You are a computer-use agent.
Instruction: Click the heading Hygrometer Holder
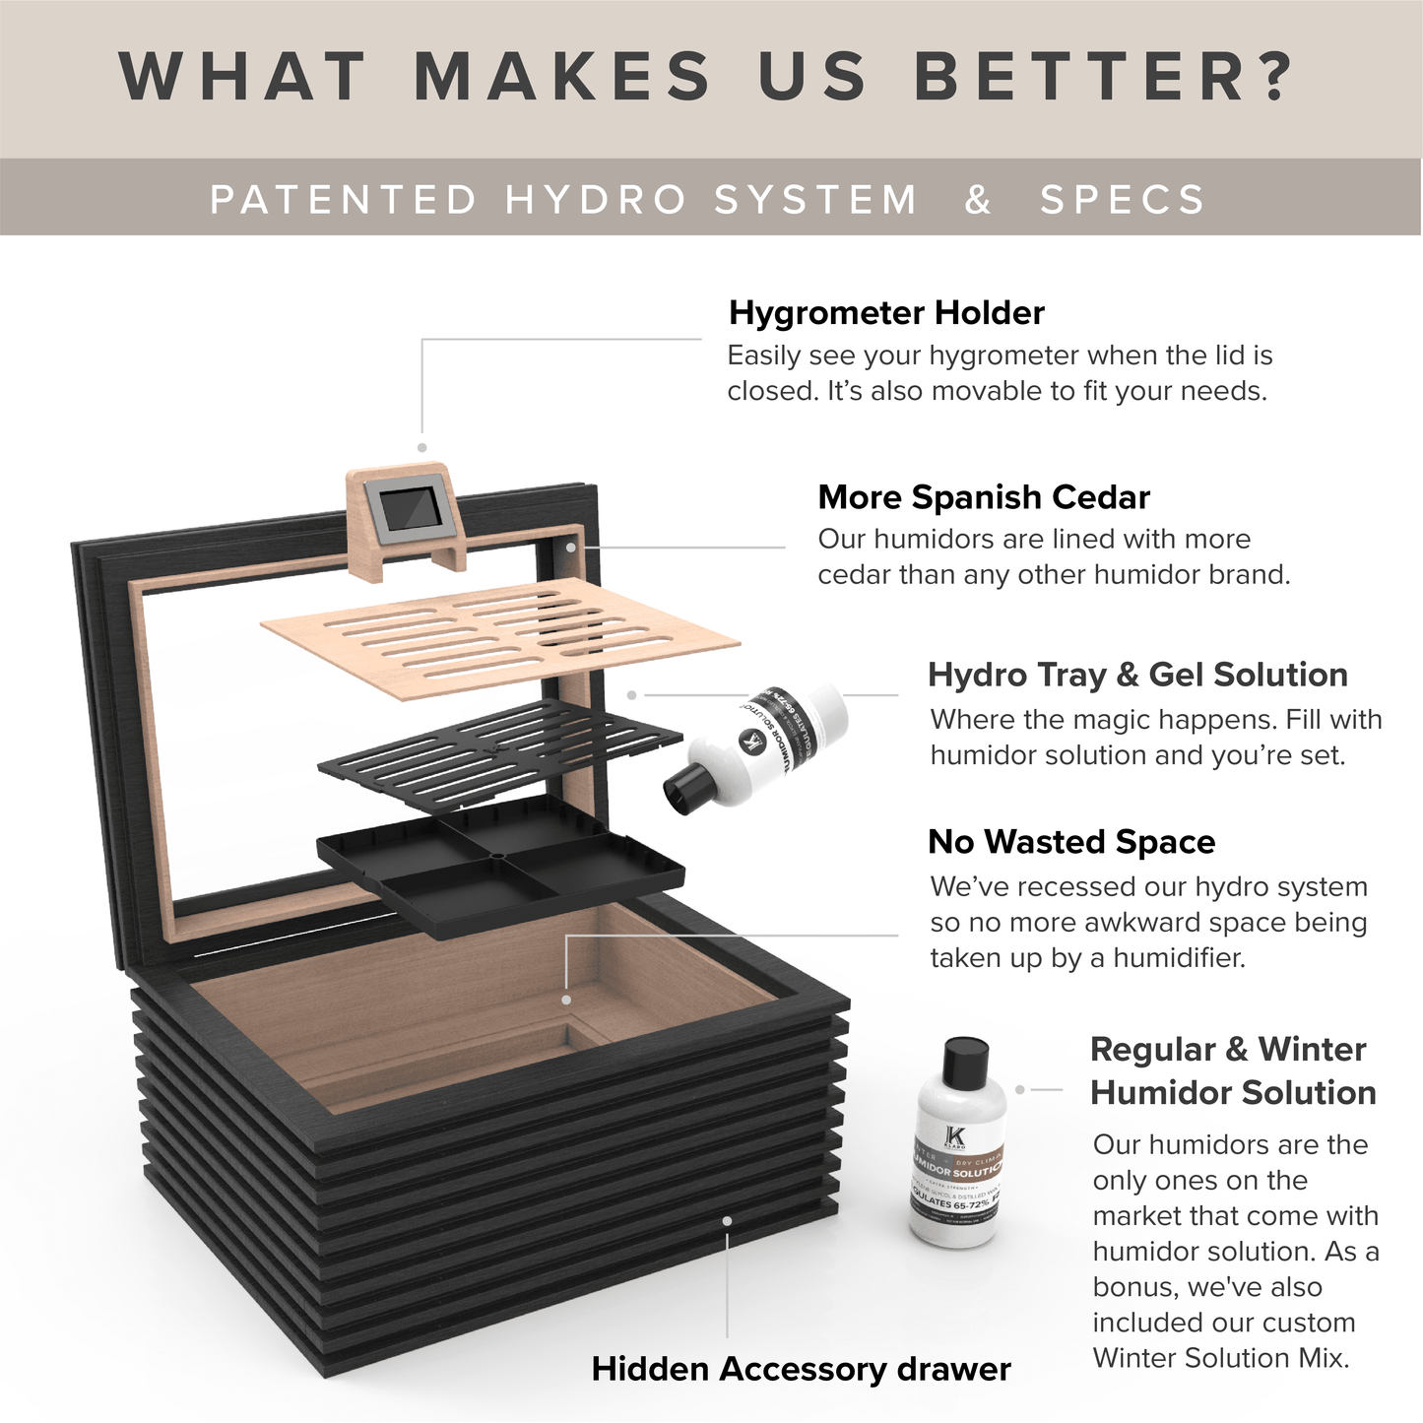pos(885,313)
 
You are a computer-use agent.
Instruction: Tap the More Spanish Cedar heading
pos(983,497)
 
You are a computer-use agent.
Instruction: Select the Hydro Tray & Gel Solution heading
pos(1137,675)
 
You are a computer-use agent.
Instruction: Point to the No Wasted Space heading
pos(1070,842)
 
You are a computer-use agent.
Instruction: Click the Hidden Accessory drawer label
pos(801,1369)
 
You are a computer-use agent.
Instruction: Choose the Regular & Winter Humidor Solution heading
pos(1232,1070)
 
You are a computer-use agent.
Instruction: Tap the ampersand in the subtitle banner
pos(977,199)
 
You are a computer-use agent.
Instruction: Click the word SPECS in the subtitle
pos(1123,199)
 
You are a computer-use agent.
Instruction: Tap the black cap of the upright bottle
pos(965,1060)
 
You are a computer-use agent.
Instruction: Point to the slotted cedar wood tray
pos(498,631)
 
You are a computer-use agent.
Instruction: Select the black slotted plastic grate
pos(499,753)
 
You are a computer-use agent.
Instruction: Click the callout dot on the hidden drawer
pos(727,1220)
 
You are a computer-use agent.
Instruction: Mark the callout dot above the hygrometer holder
pos(421,447)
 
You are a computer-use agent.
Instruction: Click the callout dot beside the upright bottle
pos(1020,1089)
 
